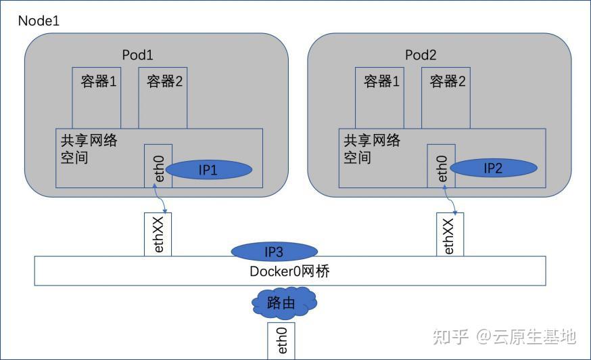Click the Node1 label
pyautogui.click(x=39, y=20)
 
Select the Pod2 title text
pyautogui.click(x=421, y=55)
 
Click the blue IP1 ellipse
pyautogui.click(x=208, y=170)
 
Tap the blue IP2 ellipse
pyautogui.click(x=494, y=168)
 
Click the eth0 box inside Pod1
pyautogui.click(x=158, y=166)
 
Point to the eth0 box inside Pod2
pyautogui.click(x=441, y=166)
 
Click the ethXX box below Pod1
pyautogui.click(x=158, y=235)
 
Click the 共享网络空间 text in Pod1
pyautogui.click(x=88, y=149)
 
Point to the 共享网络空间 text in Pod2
pyautogui.click(x=372, y=149)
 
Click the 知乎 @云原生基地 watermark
pyautogui.click(x=504, y=336)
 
